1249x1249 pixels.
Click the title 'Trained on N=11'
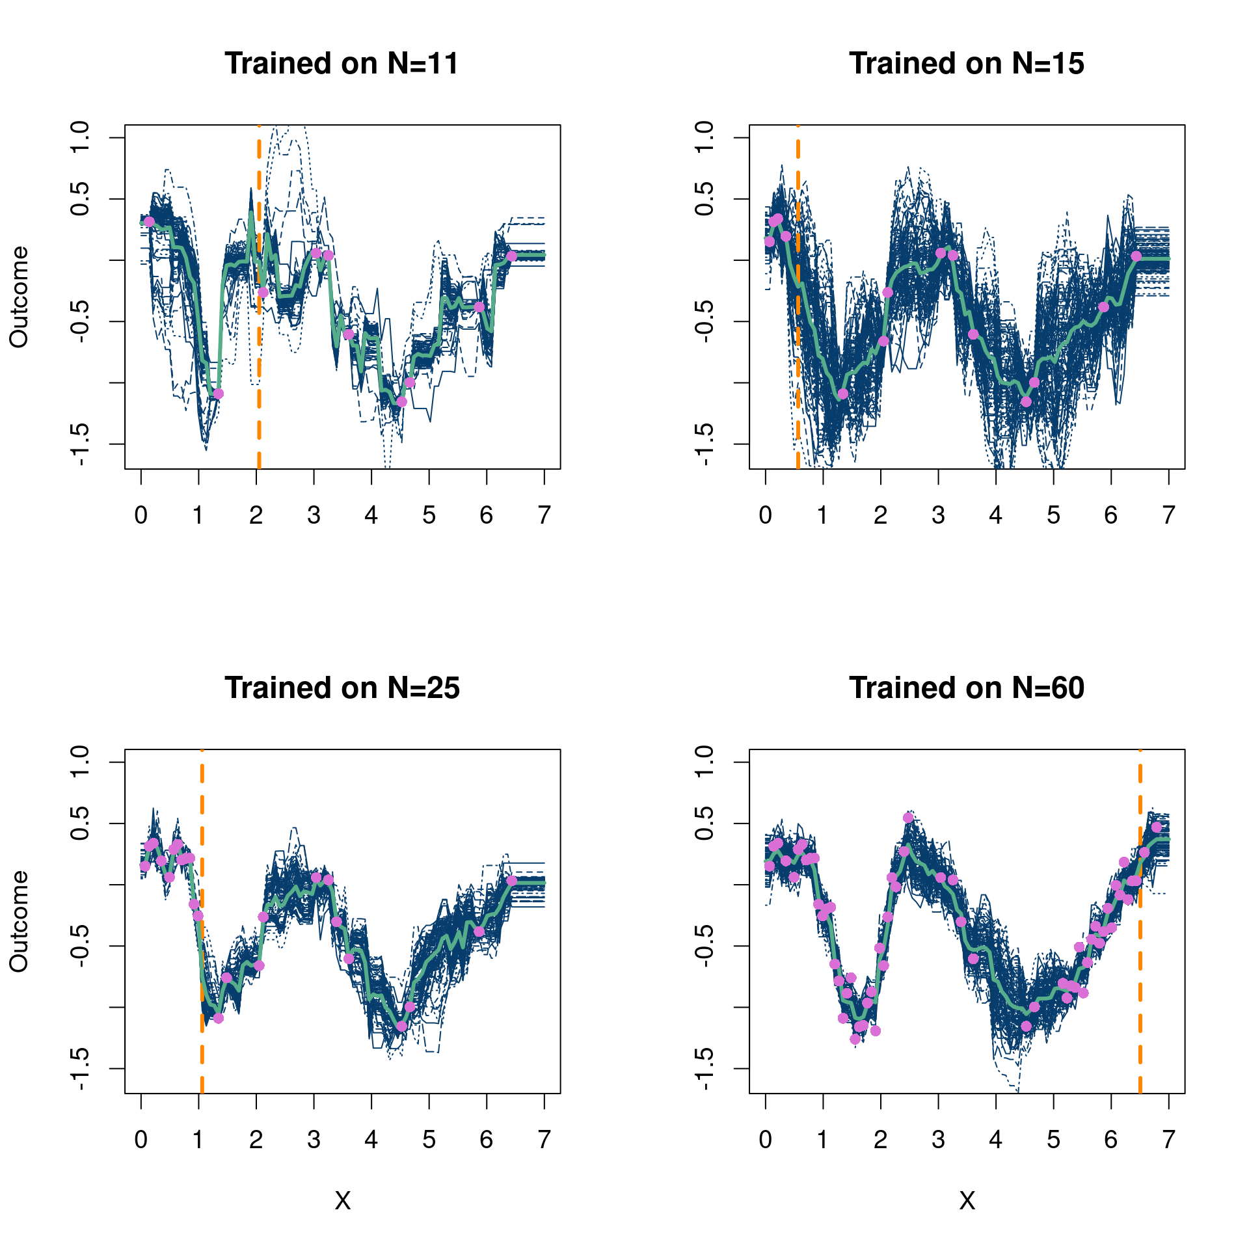pyautogui.click(x=342, y=64)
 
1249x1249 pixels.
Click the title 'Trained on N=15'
pyautogui.click(x=966, y=64)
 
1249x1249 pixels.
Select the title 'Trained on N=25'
pyautogui.click(x=342, y=688)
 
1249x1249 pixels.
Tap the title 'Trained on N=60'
pyautogui.click(x=966, y=688)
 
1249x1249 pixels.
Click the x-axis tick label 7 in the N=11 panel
pyautogui.click(x=544, y=516)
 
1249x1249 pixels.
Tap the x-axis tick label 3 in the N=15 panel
pyautogui.click(x=938, y=516)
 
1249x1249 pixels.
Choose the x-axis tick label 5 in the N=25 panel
pyautogui.click(x=429, y=1140)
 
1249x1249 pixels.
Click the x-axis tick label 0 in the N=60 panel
pyautogui.click(x=766, y=1140)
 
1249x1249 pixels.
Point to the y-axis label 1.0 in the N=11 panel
pyautogui.click(x=80, y=137)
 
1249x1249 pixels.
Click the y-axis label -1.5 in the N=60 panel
pyautogui.click(x=705, y=1069)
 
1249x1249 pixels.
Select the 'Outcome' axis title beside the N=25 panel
pyautogui.click(x=19, y=921)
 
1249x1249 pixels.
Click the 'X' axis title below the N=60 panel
pyautogui.click(x=967, y=1201)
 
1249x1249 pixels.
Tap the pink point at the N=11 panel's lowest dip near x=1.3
pyautogui.click(x=218, y=394)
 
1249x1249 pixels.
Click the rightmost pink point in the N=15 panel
pyautogui.click(x=1136, y=256)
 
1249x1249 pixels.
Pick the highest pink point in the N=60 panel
pyautogui.click(x=908, y=818)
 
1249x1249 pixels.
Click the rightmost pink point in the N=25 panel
pyautogui.click(x=511, y=881)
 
